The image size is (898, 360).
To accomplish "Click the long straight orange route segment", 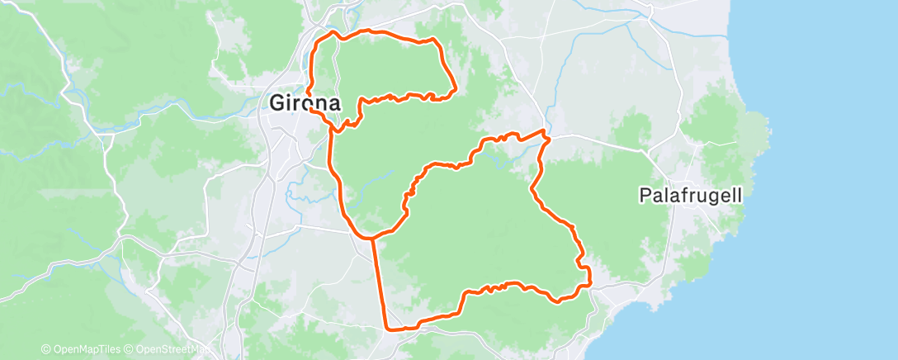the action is pos(380,281).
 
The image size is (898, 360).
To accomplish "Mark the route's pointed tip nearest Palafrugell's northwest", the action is pos(545,131).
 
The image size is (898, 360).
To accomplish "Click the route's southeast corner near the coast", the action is pos(590,286).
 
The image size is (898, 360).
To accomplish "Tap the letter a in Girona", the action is pos(334,104).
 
